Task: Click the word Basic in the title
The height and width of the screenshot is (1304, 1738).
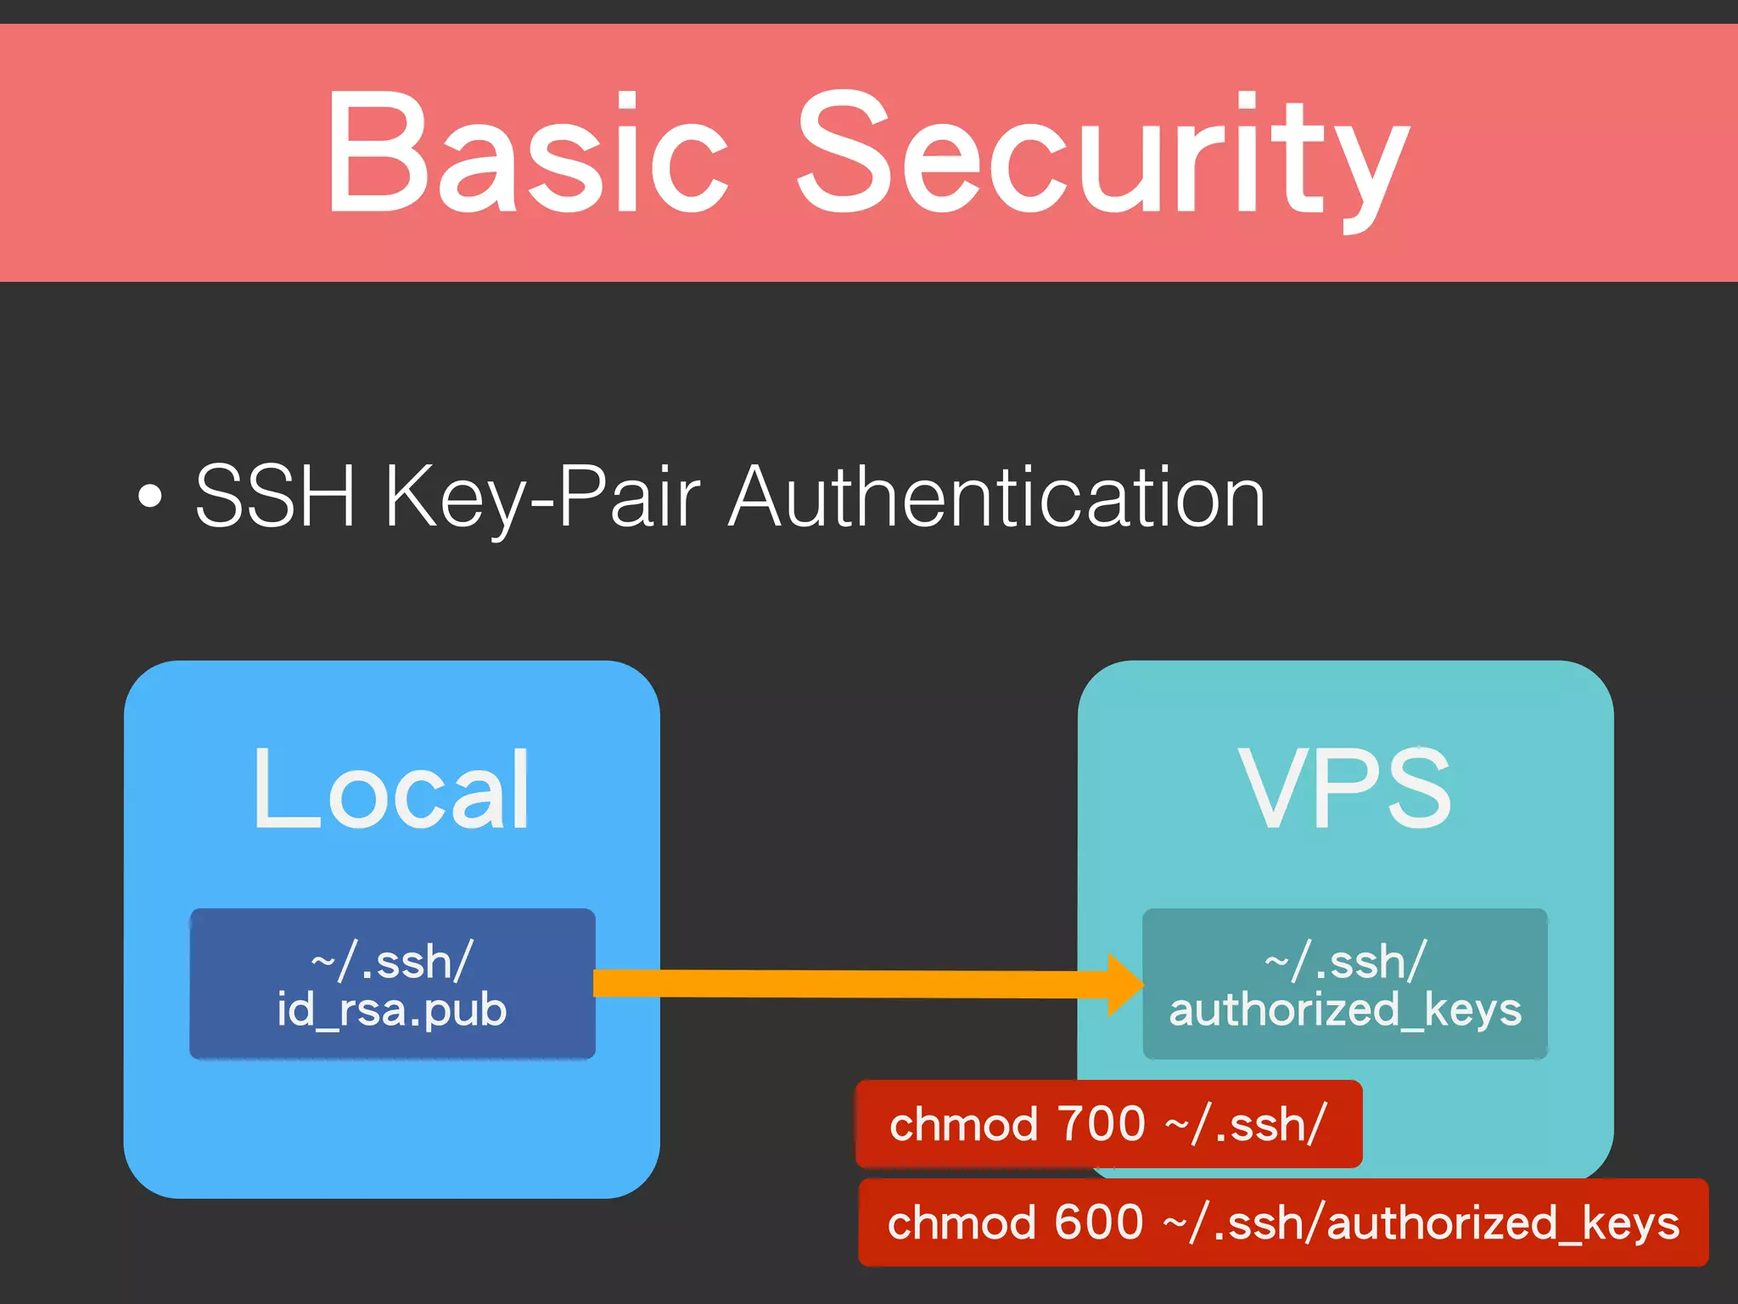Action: tap(526, 153)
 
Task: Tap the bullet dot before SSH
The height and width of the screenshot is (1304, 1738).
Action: tap(149, 498)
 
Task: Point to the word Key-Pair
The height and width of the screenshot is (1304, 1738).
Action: tap(542, 499)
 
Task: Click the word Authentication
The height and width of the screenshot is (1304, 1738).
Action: tap(997, 498)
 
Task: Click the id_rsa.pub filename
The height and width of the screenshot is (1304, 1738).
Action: tap(391, 1010)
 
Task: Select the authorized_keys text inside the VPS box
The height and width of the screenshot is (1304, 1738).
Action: tap(1345, 1010)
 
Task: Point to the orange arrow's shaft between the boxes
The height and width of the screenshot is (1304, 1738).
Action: tap(849, 984)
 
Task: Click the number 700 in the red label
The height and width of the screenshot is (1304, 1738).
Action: tap(1102, 1124)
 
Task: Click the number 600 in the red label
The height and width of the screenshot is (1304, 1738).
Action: tap(1098, 1222)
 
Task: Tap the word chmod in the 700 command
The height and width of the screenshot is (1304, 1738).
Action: tap(963, 1124)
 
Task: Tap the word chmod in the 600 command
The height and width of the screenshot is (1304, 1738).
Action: tap(962, 1222)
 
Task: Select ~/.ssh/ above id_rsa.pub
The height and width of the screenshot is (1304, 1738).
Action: tap(391, 962)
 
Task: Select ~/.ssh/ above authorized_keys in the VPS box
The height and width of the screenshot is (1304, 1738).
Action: tap(1345, 962)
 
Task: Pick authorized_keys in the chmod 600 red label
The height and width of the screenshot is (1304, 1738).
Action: tap(1502, 1223)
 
